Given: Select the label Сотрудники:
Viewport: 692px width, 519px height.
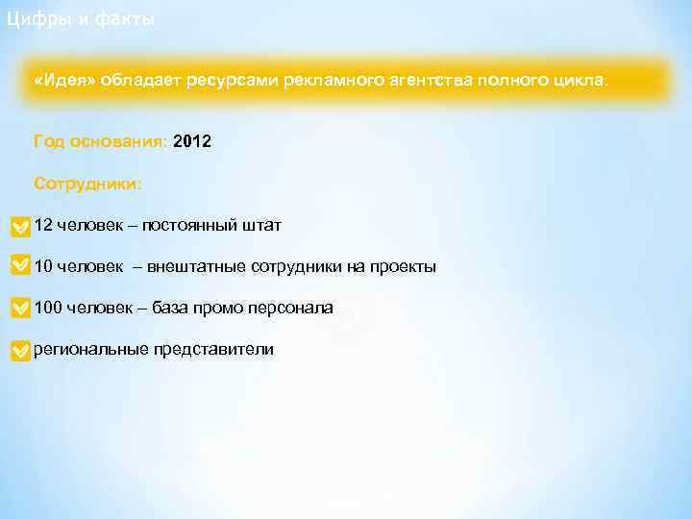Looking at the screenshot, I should [87, 183].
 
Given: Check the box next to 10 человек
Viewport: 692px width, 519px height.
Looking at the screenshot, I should [19, 267].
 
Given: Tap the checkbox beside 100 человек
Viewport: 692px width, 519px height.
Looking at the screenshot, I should [19, 309].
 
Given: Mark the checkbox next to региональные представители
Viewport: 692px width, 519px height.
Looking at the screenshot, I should [19, 351].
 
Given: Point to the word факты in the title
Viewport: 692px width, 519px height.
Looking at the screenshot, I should [124, 19].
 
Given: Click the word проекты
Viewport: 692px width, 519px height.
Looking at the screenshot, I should [402, 266].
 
